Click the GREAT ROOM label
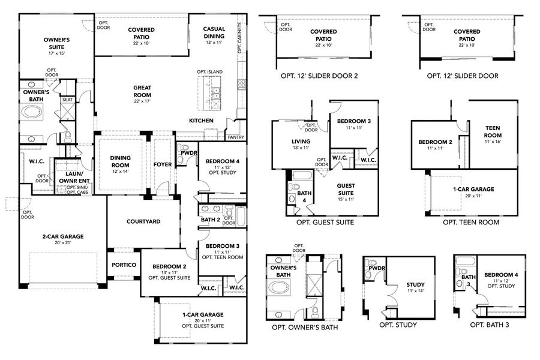(x=142, y=91)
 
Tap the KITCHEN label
(x=202, y=121)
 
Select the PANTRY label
(x=235, y=137)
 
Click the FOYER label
(x=163, y=164)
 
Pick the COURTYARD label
(x=143, y=221)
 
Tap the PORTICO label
(x=124, y=265)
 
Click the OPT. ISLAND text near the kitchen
(x=209, y=72)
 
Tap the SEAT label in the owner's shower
(x=68, y=100)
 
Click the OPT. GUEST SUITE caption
(x=325, y=222)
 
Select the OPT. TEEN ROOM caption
(x=471, y=222)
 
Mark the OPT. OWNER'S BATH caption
(x=305, y=328)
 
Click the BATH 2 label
(x=210, y=220)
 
